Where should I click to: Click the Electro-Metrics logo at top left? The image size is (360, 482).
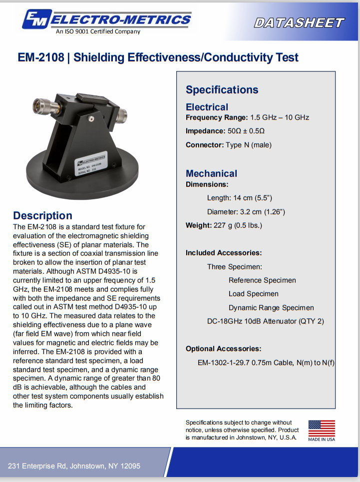(x=106, y=20)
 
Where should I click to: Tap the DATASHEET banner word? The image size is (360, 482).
(x=299, y=22)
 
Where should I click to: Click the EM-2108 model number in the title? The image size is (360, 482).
(x=41, y=57)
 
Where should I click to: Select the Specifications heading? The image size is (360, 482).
(x=222, y=90)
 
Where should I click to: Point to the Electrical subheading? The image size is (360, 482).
(x=207, y=107)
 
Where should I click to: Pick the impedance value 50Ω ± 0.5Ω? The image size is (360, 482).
(x=246, y=131)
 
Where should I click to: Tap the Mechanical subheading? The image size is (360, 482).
(x=211, y=173)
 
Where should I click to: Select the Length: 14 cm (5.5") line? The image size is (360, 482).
(x=240, y=198)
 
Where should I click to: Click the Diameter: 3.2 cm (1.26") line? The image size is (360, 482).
(x=246, y=212)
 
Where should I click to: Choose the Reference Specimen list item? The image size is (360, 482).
(x=262, y=280)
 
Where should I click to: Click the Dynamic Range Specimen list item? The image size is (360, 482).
(x=271, y=308)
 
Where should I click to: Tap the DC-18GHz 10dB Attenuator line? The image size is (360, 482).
(x=266, y=321)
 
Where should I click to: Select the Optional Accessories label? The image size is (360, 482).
(x=223, y=349)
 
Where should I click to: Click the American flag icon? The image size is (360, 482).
(x=322, y=428)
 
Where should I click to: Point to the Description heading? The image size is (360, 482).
(x=42, y=216)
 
